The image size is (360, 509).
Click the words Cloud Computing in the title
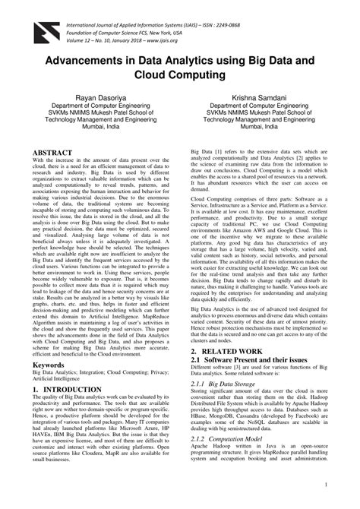pos(180,77)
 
